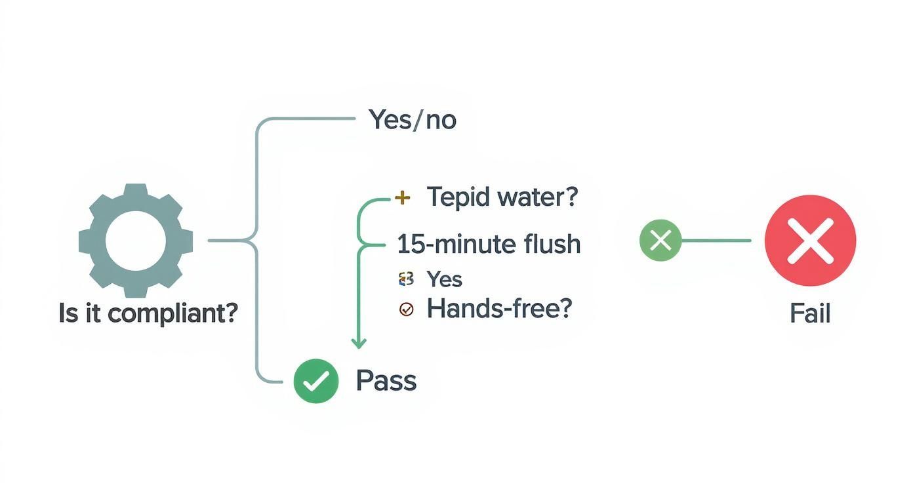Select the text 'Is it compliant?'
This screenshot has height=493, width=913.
coord(148,314)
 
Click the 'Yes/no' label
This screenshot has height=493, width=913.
coord(413,120)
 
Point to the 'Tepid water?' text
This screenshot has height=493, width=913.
coord(502,197)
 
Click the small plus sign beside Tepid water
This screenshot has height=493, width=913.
coord(403,197)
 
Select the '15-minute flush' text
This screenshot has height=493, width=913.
coord(489,245)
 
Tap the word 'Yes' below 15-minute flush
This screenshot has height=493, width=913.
coord(444,279)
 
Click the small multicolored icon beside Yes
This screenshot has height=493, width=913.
coord(406,279)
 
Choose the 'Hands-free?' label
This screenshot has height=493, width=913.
coord(499,308)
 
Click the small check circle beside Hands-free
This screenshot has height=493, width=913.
coord(406,309)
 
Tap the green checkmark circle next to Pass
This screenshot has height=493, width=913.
coord(316,381)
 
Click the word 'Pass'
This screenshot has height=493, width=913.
coord(386,381)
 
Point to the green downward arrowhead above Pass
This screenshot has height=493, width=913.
coord(358,343)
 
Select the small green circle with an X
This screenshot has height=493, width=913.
coord(660,241)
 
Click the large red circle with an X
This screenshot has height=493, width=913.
coord(811,240)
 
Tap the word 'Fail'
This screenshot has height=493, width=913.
coord(810,314)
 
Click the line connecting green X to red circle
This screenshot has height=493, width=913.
coord(716,241)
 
